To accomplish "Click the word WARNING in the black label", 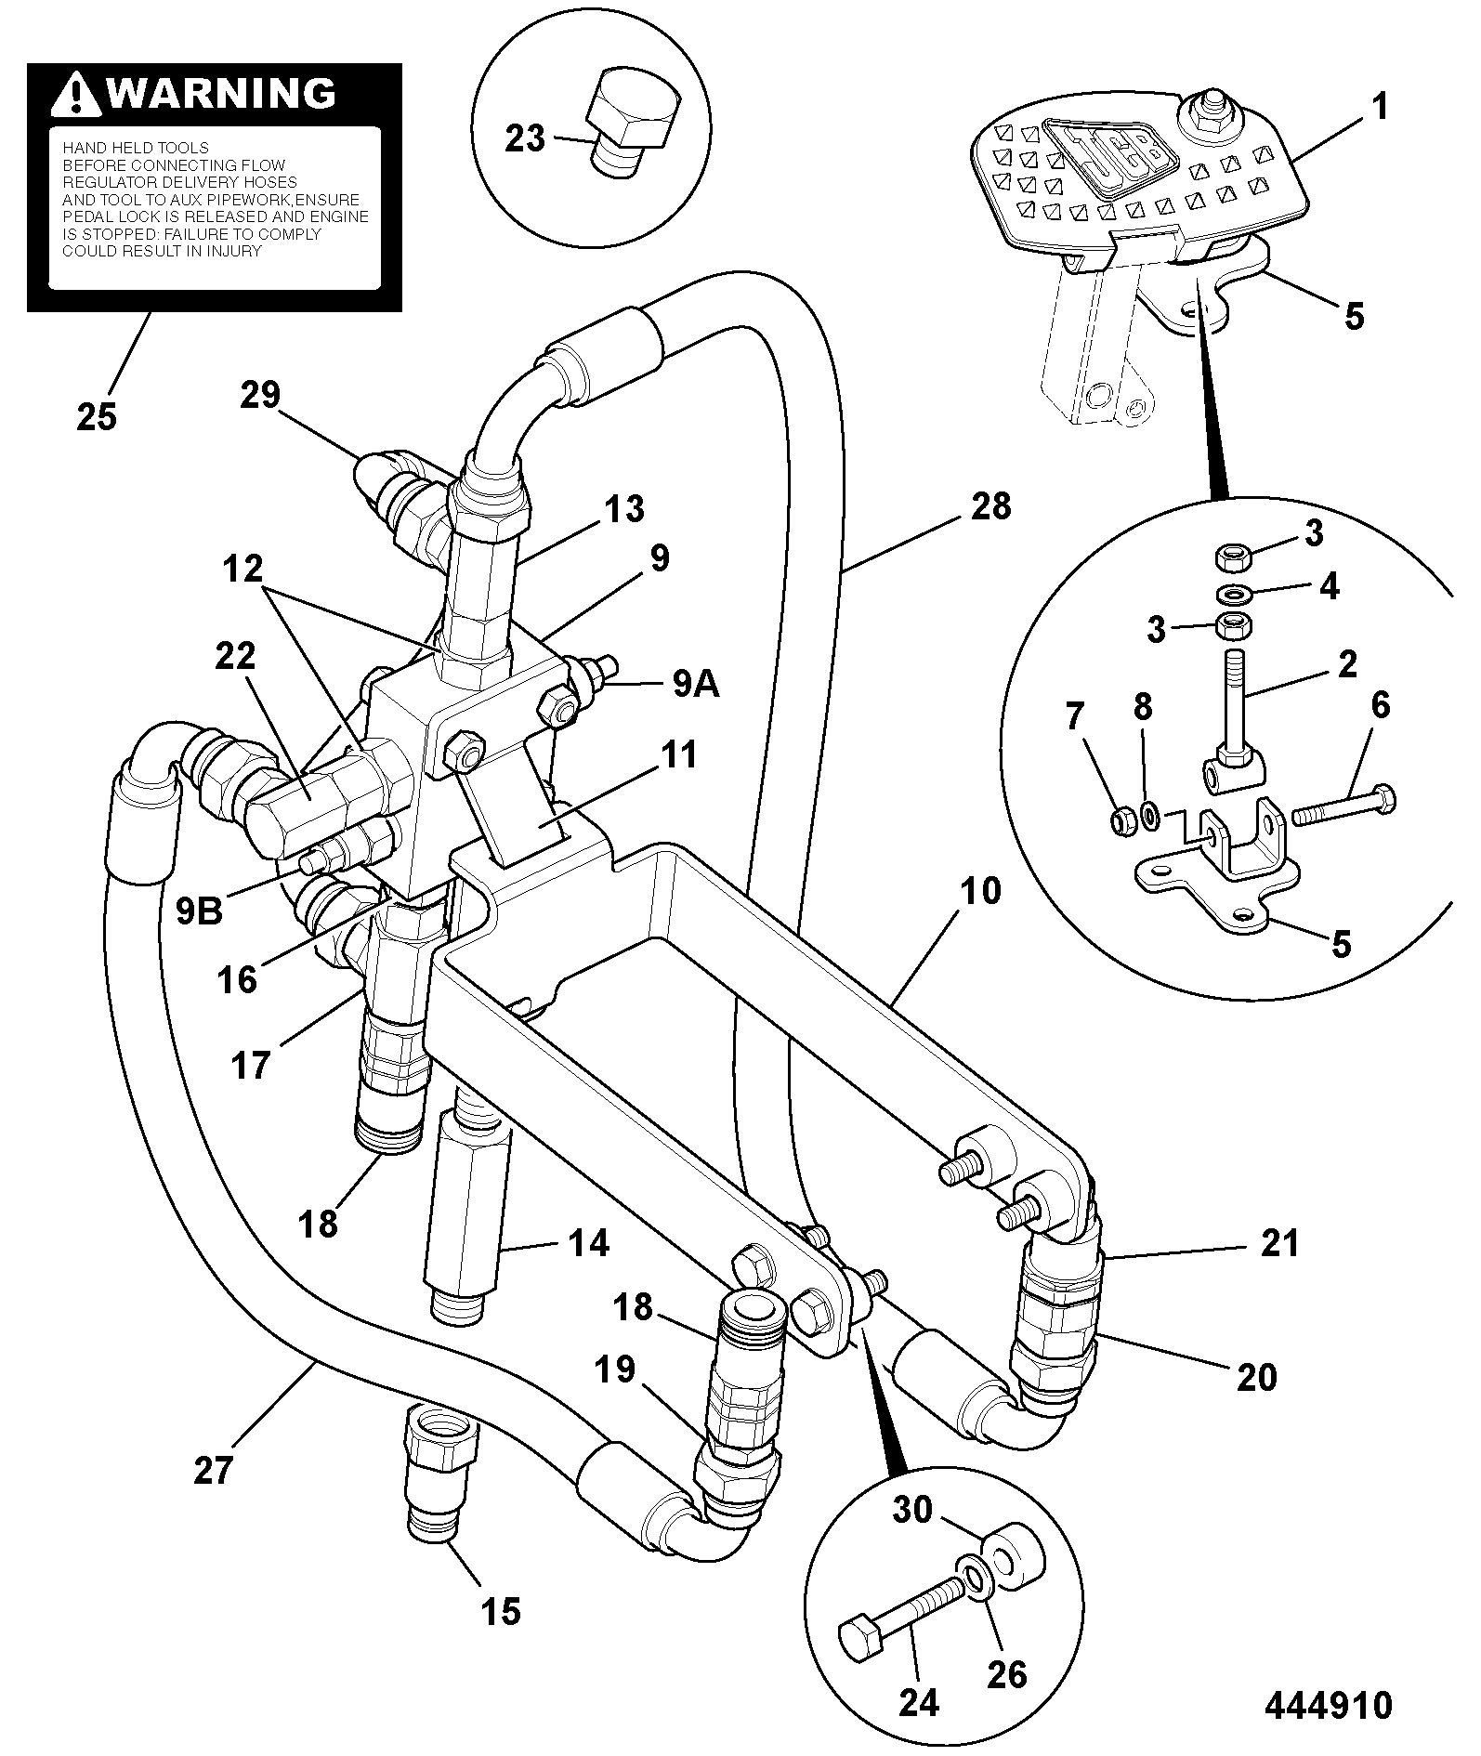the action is coord(221,94).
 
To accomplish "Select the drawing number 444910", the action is coord(1329,1705).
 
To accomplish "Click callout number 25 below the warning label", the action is coord(97,417).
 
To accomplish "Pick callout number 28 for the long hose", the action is coord(990,506).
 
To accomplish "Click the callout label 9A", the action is coord(695,685).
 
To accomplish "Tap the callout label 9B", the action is coord(200,911).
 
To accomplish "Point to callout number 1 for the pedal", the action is coord(1380,109).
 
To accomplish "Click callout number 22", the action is coord(234,658).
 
